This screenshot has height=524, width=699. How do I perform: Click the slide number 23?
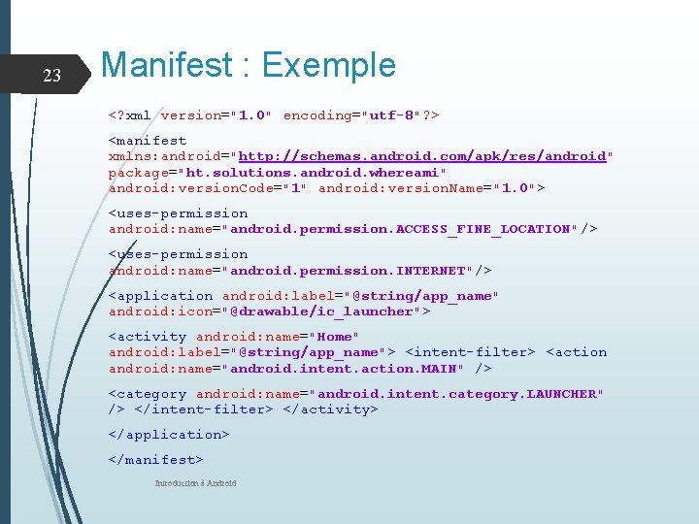pos(52,76)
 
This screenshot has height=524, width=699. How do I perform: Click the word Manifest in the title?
pos(167,65)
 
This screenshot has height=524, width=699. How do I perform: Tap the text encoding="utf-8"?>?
pos(361,115)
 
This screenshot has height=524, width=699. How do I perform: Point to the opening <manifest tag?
pos(148,141)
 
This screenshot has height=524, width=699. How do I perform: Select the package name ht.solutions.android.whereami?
pos(315,172)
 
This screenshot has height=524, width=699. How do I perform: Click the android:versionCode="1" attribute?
pos(209,187)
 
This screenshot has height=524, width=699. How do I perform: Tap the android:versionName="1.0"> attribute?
pos(431,187)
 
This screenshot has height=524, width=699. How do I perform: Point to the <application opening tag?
pos(160,296)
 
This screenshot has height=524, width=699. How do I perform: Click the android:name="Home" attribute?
pos(278,337)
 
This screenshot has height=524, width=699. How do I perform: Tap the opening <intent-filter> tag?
pos(470,352)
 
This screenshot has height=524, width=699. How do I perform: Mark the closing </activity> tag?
pos(330,409)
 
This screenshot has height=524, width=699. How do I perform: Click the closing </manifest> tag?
pos(156,460)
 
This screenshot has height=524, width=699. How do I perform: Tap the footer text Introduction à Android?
pos(195,483)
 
